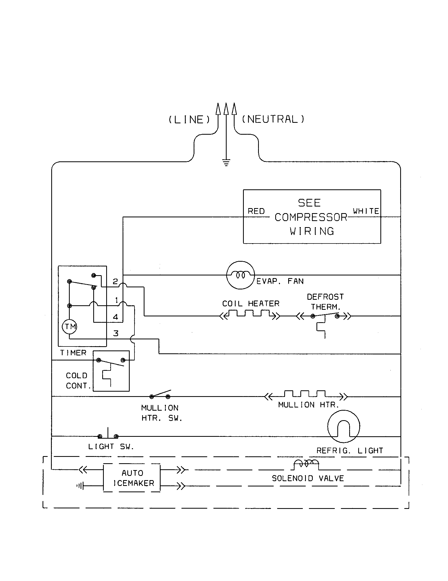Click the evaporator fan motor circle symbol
point(240,275)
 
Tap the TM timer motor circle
point(69,326)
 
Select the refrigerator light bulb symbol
point(343,426)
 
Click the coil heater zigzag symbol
point(250,314)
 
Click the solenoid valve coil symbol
point(306,464)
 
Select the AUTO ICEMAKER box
point(132,478)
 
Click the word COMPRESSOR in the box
point(311,217)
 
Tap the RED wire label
point(256,211)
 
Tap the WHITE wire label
point(366,211)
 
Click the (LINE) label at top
point(189,119)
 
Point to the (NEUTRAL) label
point(273,119)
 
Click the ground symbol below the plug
point(226,162)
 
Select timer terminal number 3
point(116,333)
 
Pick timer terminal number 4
point(115,317)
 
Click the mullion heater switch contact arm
point(160,393)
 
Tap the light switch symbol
point(108,435)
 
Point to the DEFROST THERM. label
point(325,302)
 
